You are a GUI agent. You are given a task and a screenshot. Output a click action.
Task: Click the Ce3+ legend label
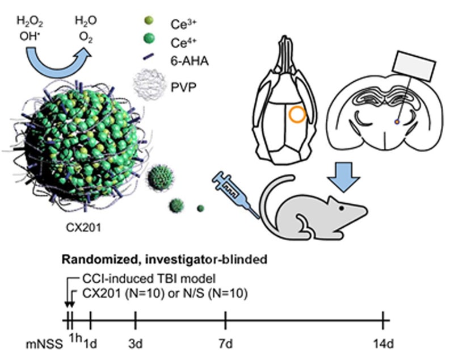(183, 24)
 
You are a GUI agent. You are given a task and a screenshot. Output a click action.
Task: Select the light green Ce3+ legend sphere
(148, 20)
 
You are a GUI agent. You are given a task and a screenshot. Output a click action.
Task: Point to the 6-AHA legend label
(190, 61)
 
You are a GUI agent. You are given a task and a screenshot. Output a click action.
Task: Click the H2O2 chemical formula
(30, 22)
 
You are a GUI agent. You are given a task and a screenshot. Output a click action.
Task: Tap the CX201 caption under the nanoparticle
(84, 228)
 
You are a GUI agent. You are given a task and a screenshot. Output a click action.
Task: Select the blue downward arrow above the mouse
(344, 177)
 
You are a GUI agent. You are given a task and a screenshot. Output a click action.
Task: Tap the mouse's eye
(342, 208)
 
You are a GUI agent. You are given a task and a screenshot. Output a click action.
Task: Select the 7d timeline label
(225, 345)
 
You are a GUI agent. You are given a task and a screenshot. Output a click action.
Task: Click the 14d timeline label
(384, 345)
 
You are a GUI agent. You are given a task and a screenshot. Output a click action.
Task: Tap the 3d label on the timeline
(136, 345)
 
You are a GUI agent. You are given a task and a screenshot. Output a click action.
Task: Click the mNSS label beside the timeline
(44, 345)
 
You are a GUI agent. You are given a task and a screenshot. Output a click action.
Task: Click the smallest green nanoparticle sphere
(200, 208)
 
